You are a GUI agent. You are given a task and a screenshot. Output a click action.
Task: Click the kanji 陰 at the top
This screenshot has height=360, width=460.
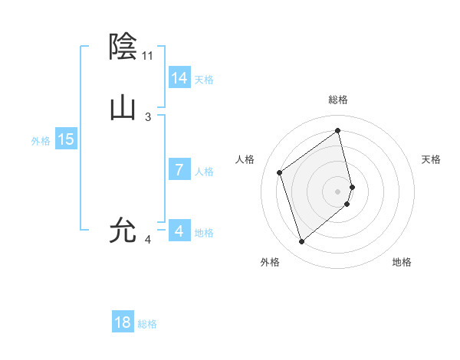point(123,47)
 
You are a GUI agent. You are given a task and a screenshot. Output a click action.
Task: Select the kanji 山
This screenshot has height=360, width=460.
point(123,108)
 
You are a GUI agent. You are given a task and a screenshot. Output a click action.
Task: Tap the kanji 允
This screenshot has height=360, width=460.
point(123,231)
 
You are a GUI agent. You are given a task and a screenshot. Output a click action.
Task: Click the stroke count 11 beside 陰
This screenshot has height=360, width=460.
point(147,56)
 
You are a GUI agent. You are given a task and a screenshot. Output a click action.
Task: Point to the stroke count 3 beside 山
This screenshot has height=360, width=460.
point(148,117)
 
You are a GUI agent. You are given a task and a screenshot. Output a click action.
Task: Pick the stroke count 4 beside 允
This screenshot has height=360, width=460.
point(148,240)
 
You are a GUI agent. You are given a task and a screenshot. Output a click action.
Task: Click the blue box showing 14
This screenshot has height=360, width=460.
point(179,78)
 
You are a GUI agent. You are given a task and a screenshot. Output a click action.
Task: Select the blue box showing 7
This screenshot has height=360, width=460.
point(179,170)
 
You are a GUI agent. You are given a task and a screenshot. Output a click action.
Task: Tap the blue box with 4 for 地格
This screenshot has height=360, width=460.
point(179,231)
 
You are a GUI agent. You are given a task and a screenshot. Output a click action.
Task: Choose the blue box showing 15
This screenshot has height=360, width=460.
point(66,139)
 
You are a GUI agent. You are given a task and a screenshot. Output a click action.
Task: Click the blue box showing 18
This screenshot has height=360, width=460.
point(123,322)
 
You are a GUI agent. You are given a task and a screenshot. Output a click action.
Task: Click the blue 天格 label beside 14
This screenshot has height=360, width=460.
point(204,80)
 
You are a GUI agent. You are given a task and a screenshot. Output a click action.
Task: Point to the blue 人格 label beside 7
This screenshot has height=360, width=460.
point(204,172)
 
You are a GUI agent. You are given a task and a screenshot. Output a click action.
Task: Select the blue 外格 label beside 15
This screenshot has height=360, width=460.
point(41,141)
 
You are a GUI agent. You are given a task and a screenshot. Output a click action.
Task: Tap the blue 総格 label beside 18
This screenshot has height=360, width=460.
point(147,324)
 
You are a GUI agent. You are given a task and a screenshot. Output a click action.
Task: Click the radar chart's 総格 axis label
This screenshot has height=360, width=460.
point(338,100)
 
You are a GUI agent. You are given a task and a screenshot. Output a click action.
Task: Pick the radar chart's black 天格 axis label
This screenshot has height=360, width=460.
point(431,159)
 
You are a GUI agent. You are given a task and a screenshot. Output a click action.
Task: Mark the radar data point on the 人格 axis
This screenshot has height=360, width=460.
point(280,172)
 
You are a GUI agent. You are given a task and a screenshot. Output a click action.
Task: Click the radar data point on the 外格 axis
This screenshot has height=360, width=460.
point(301,242)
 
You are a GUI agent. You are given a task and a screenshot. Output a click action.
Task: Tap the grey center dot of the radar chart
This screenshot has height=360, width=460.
point(338,191)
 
